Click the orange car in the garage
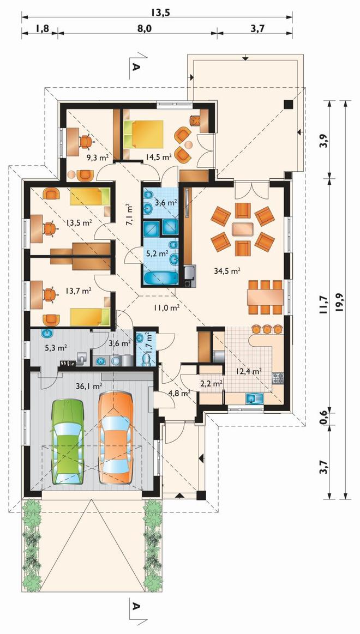click(116, 439)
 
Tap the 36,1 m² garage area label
click(88, 386)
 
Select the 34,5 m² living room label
click(228, 271)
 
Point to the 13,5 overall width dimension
click(160, 12)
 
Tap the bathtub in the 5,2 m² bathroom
click(161, 279)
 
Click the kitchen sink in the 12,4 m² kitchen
click(254, 398)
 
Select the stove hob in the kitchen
click(278, 378)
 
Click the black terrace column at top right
click(289, 104)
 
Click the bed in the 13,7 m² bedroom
click(90, 317)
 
